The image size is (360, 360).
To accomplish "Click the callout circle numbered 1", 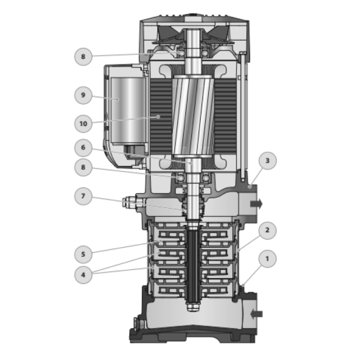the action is [x=267, y=259].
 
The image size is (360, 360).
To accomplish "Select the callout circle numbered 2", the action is [x=267, y=230].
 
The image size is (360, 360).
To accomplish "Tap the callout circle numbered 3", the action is [x=267, y=161].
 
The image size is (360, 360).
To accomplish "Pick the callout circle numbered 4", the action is [x=83, y=275].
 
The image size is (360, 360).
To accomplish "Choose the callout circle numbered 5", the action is [x=83, y=254].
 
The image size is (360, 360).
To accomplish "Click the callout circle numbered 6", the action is [x=83, y=148].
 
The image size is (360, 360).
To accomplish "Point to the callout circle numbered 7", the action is [x=83, y=196].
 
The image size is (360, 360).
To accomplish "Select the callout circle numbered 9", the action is [x=83, y=95].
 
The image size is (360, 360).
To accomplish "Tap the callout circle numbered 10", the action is [x=83, y=124].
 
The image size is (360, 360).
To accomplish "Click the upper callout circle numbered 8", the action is [x=83, y=57].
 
